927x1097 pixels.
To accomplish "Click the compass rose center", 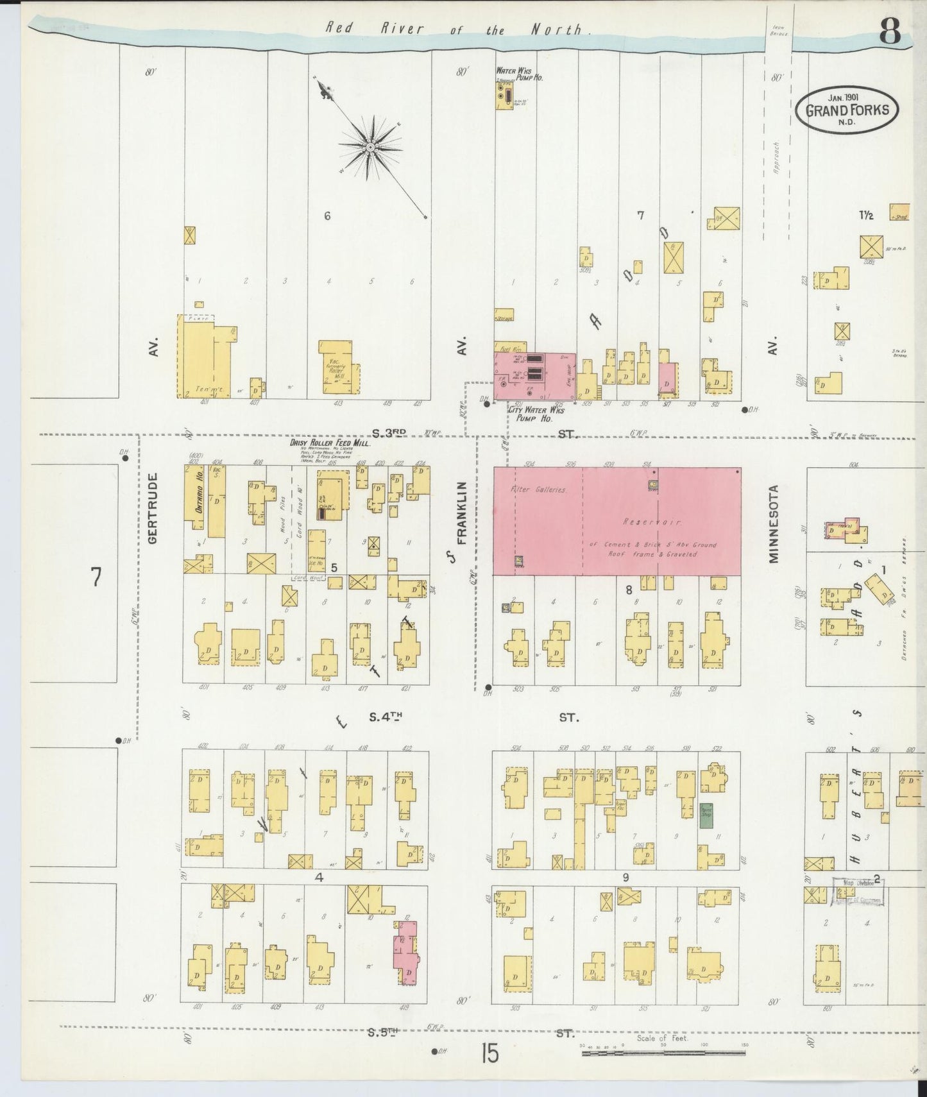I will (370, 148).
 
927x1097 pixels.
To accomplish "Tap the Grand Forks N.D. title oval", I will (847, 109).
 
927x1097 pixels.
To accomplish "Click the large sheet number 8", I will (890, 30).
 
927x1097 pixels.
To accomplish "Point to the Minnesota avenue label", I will (774, 523).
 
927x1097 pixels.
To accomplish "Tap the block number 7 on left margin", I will (96, 577).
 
